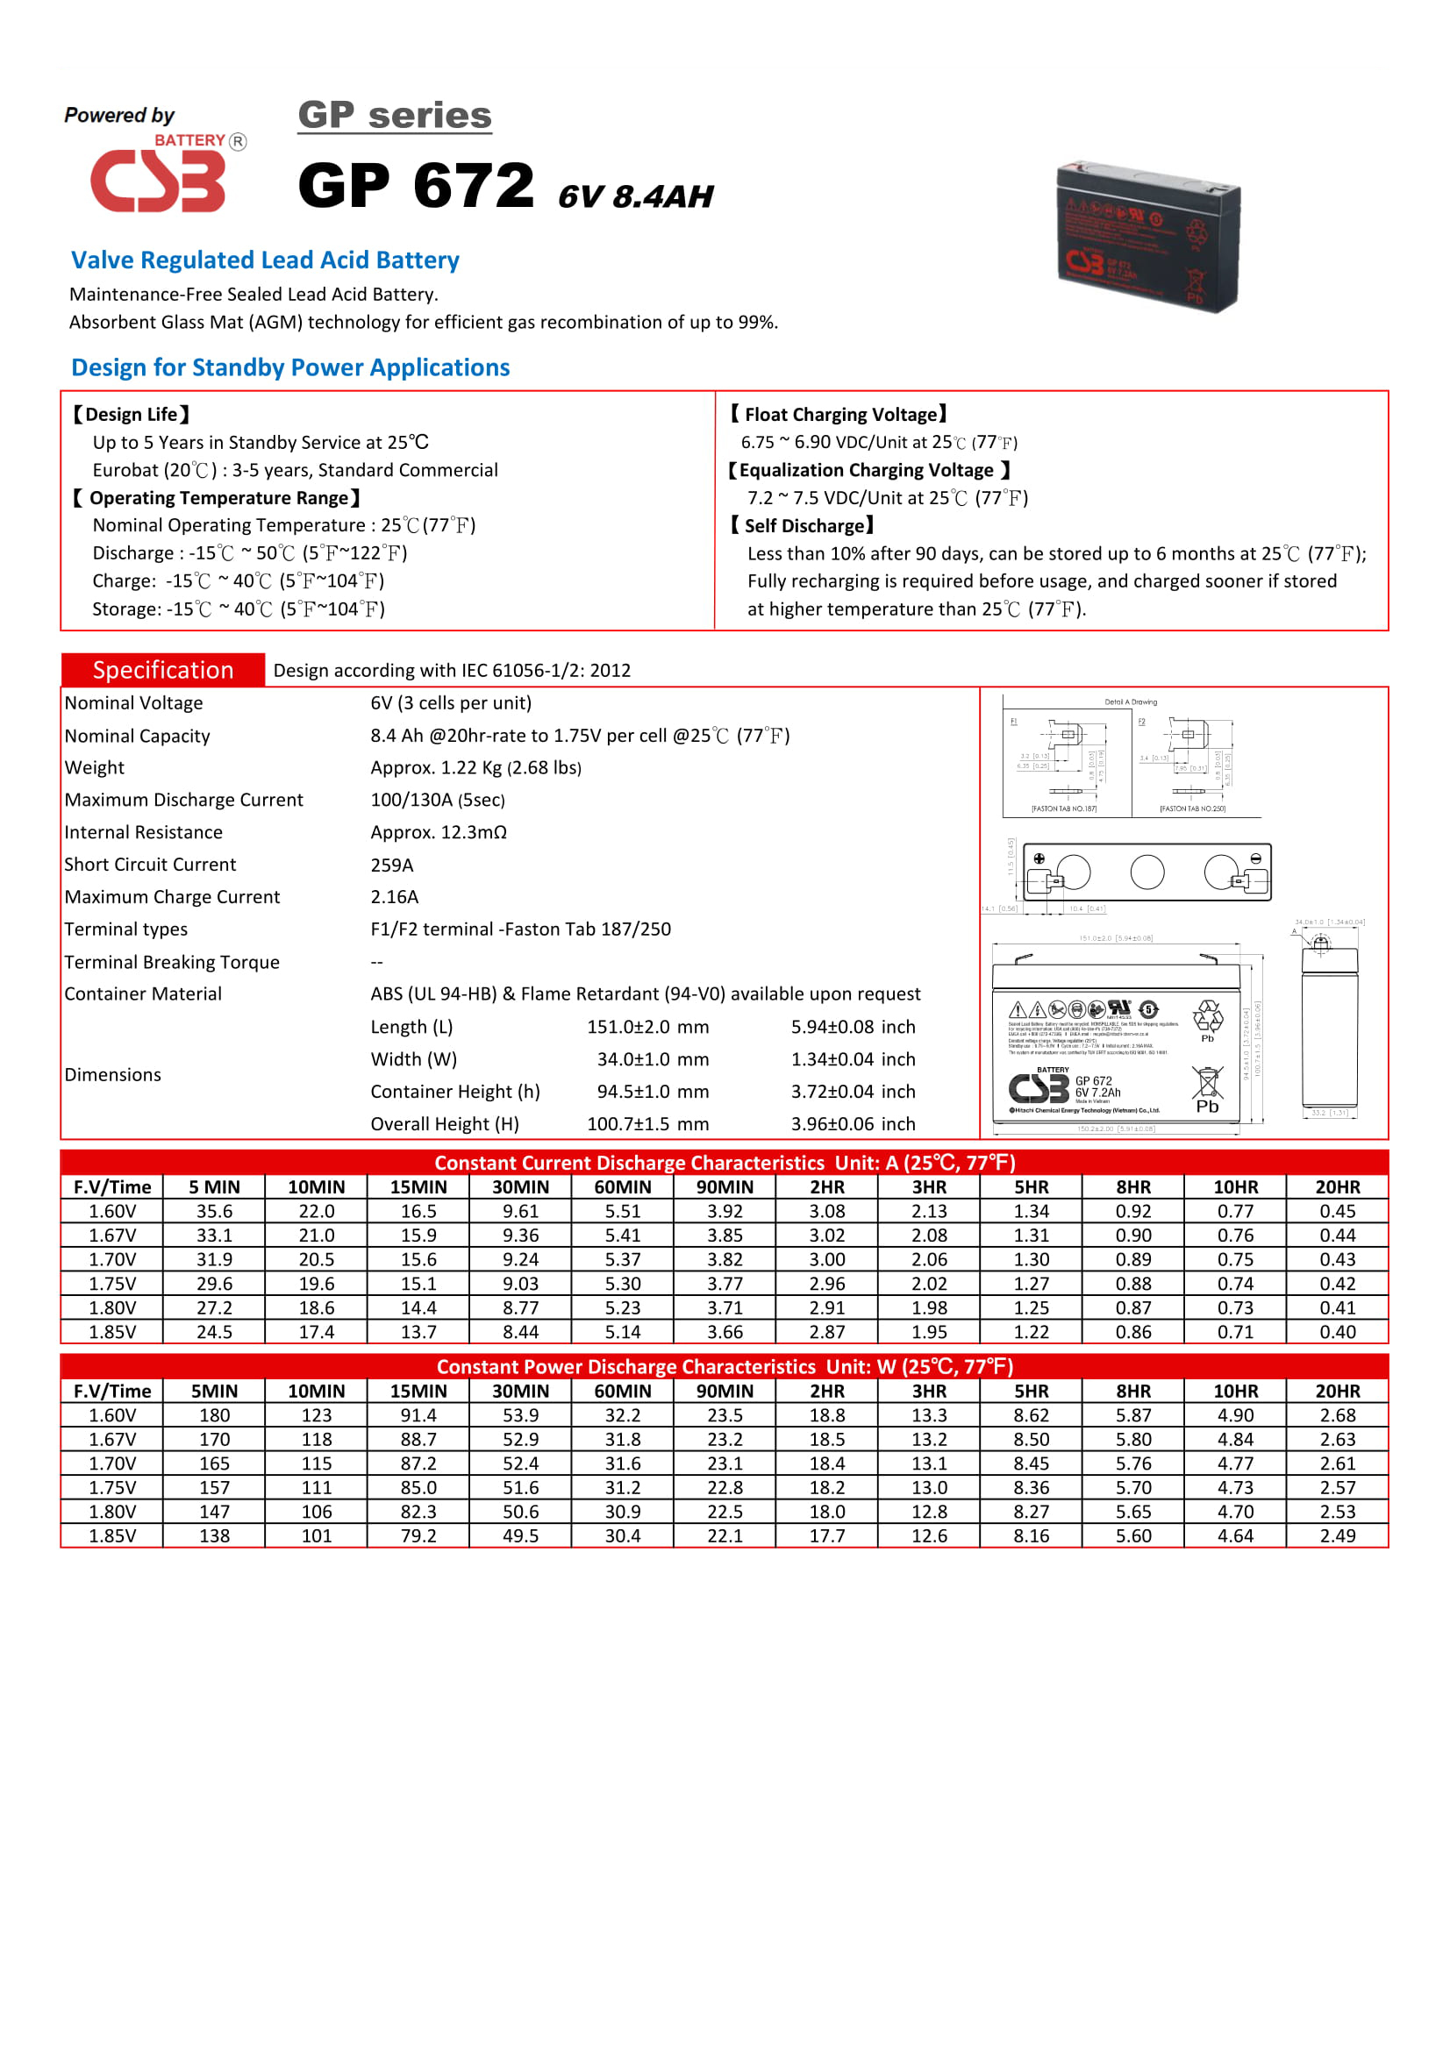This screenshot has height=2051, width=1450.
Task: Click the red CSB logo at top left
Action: pos(157,181)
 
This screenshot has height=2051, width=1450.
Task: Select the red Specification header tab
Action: pos(162,670)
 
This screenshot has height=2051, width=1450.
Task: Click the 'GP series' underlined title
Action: pos(394,115)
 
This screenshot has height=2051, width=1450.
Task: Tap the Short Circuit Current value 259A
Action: pos(391,865)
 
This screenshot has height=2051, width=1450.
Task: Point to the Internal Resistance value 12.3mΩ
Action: pos(438,832)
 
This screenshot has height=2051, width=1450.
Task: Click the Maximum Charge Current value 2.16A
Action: pos(394,897)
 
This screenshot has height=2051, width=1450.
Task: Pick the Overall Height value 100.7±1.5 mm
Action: pos(646,1124)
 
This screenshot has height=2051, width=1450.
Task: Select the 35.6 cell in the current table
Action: pos(213,1211)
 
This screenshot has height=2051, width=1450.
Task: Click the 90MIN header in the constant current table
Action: pos(725,1187)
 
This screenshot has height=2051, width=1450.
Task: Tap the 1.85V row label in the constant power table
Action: pos(111,1535)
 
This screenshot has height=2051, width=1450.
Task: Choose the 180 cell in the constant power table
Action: pos(213,1415)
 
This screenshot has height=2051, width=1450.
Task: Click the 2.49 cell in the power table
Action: pos(1337,1535)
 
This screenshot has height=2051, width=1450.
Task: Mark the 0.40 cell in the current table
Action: pos(1337,1332)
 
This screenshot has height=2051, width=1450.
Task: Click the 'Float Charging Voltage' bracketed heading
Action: pos(838,415)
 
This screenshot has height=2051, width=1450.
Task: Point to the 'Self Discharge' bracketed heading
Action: pos(802,525)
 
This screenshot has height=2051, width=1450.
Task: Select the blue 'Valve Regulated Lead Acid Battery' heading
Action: pos(264,260)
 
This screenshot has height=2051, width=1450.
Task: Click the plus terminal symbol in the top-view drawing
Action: pos(1039,858)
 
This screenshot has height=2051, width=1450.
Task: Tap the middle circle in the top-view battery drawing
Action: pos(1146,872)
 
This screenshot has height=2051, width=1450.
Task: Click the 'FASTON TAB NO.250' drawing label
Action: pos(1192,808)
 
